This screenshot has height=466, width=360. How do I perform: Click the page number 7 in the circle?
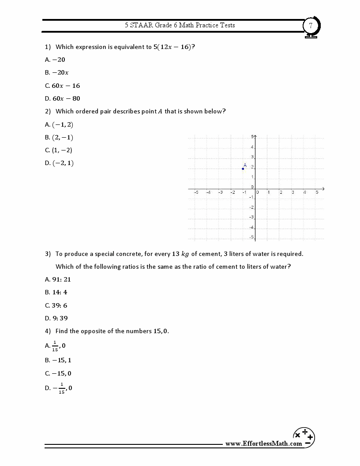311,26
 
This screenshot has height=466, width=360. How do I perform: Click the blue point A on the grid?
243,169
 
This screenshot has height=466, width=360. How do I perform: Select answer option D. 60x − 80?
63,98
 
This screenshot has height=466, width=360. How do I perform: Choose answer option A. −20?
55,60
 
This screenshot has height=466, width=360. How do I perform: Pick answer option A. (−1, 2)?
59,124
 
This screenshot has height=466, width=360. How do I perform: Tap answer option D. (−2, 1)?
59,163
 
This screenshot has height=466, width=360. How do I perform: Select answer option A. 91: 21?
58,279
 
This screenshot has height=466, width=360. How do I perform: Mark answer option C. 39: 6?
56,305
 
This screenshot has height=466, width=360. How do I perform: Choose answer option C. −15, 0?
58,373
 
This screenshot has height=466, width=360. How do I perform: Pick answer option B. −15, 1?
58,360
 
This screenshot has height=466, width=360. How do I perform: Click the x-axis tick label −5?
196,192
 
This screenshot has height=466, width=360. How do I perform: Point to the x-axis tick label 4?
305,192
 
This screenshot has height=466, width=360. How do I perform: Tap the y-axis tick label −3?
251,217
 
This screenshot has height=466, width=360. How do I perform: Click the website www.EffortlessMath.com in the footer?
264,443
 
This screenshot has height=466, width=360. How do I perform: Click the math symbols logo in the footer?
304,436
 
